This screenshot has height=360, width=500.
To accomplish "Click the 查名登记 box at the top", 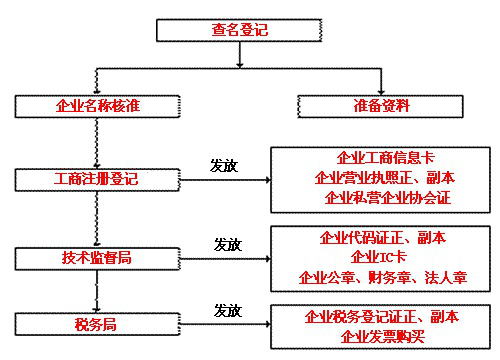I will (240, 30).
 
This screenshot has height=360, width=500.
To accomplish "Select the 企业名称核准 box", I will (95, 104).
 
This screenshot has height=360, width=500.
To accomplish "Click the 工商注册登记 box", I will (95, 181).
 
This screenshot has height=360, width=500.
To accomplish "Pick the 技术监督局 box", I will (95, 257).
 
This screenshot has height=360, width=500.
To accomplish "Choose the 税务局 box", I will (95, 324).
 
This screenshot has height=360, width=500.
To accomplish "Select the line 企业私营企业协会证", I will (387, 197).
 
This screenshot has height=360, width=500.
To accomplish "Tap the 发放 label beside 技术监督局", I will (228, 244).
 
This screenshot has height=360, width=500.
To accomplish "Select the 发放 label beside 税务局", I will (228, 311).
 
